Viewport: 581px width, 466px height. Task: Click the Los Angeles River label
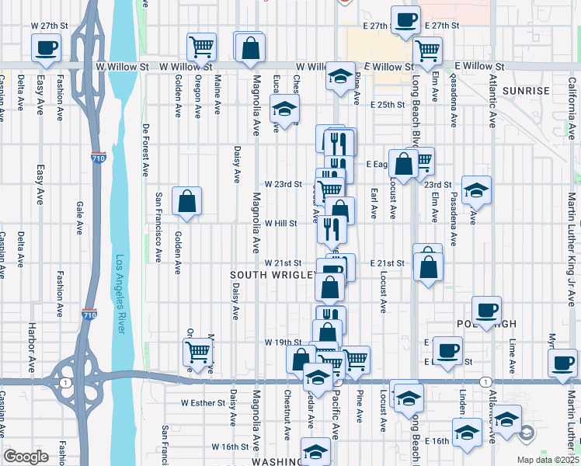[121, 294]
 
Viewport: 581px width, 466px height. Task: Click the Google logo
[26, 457]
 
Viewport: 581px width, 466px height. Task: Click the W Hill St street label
[281, 223]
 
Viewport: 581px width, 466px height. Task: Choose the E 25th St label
[388, 104]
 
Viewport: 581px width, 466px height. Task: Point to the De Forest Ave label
[145, 145]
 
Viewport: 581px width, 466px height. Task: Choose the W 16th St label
[230, 447]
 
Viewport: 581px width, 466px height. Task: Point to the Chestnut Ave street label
[287, 408]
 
